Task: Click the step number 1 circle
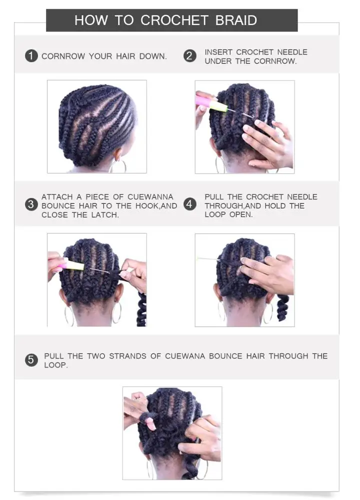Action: point(31,56)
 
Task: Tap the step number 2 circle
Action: point(189,56)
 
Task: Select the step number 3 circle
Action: point(31,205)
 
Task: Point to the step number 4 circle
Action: point(189,205)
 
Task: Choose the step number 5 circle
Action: point(31,360)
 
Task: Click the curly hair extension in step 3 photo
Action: point(141,307)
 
